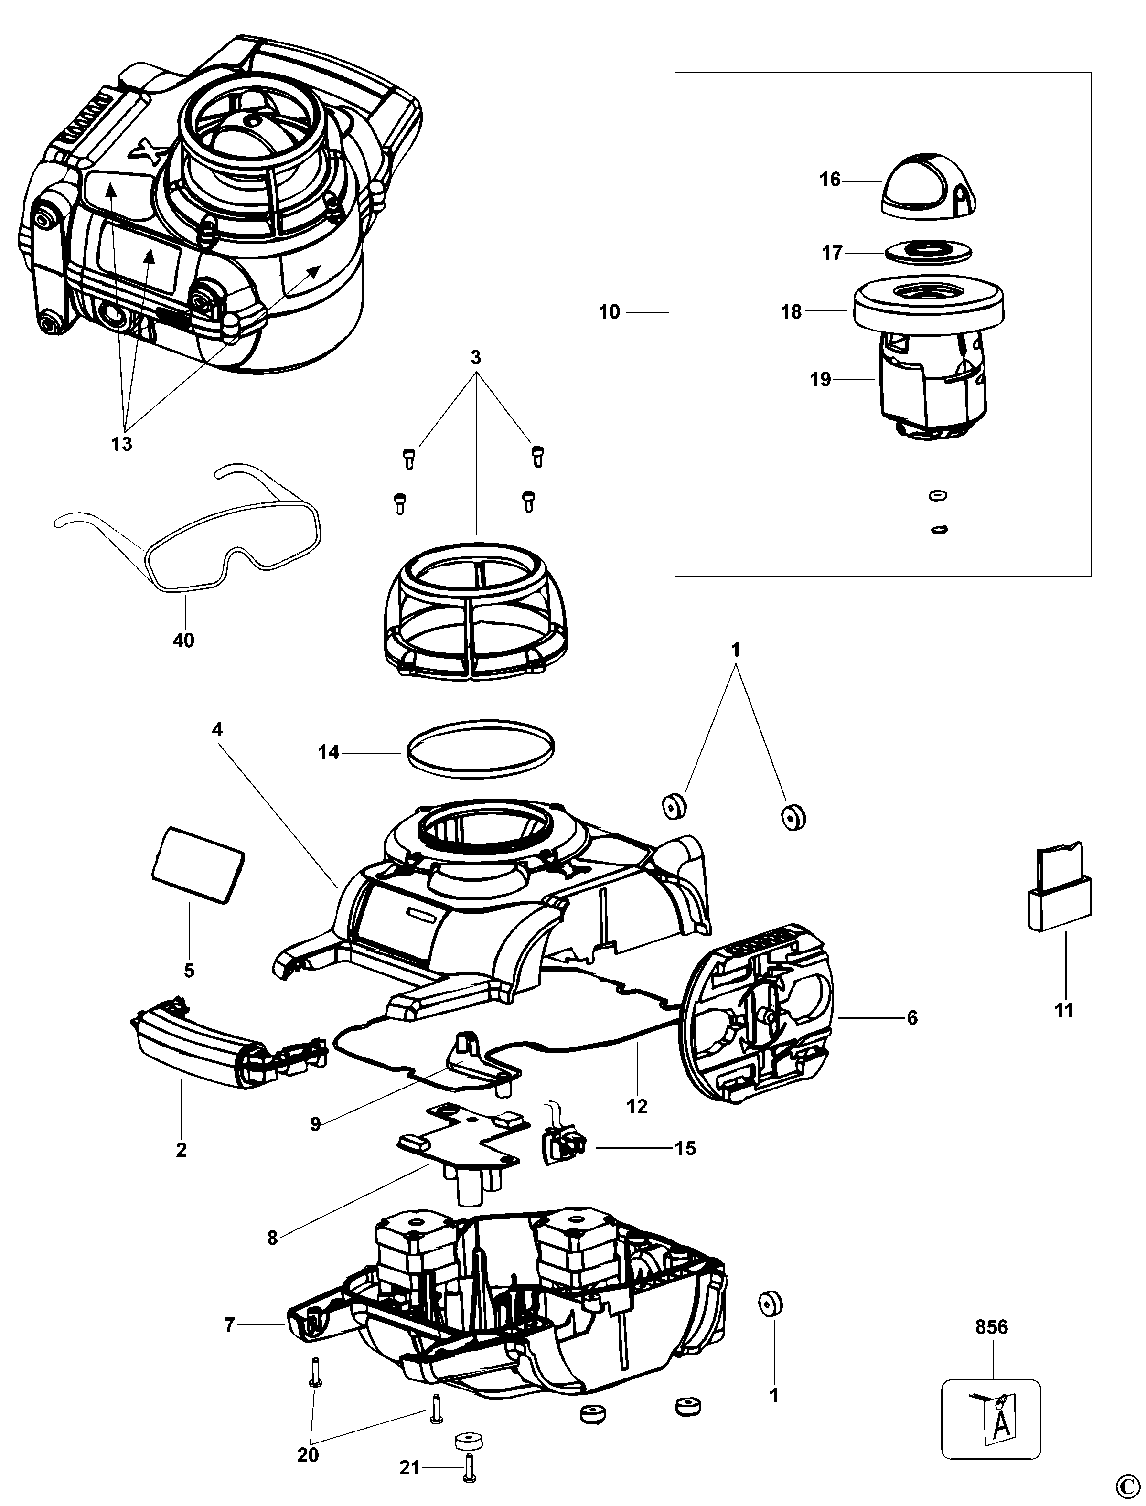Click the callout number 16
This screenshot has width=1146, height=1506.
[x=829, y=180]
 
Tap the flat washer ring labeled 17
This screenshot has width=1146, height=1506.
[x=928, y=252]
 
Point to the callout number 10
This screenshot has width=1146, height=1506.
[x=609, y=312]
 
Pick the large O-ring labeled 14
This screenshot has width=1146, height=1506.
[x=480, y=747]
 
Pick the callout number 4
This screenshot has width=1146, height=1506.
[x=217, y=729]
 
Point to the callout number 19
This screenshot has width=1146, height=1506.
[x=821, y=379]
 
